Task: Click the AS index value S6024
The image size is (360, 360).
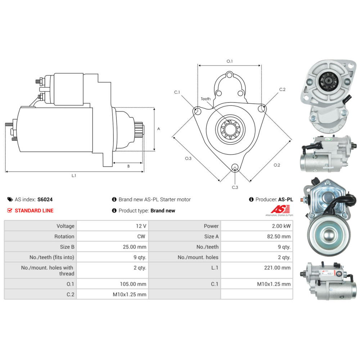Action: pyautogui.click(x=45, y=199)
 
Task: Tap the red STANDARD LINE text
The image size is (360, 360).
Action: pyautogui.click(x=34, y=211)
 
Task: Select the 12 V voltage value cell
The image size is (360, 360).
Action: pyautogui.click(x=141, y=226)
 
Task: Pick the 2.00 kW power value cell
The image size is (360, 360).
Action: pyautogui.click(x=281, y=226)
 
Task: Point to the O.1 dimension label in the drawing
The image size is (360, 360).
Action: pyautogui.click(x=229, y=61)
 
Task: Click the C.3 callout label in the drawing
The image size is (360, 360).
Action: pyautogui.click(x=235, y=187)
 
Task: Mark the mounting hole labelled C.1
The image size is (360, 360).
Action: pyautogui.click(x=197, y=111)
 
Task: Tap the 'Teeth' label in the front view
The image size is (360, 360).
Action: pyautogui.click(x=206, y=99)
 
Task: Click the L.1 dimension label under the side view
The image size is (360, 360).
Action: pyautogui.click(x=74, y=176)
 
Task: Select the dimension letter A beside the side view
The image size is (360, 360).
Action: pyautogui.click(x=158, y=129)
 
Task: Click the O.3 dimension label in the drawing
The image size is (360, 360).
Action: pyautogui.click(x=188, y=158)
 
